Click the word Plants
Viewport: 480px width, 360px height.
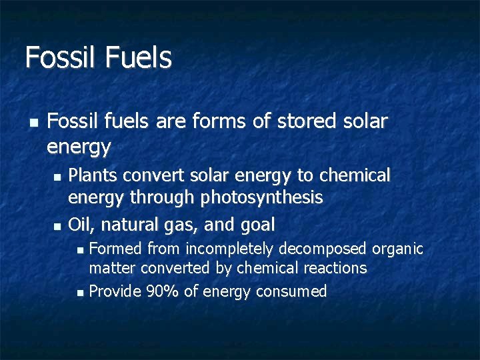coord(93,175)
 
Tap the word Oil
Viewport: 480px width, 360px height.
coord(81,225)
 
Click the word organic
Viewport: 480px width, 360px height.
coord(397,249)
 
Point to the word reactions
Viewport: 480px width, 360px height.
coord(335,268)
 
